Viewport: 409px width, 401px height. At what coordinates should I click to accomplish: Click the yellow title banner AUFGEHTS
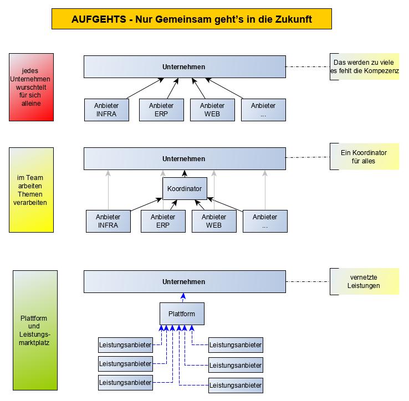191,19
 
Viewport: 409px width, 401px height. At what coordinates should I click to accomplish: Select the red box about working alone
31,87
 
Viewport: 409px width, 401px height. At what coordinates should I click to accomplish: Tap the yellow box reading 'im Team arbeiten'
32,190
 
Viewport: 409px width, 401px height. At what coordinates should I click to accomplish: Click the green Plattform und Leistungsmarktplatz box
35,331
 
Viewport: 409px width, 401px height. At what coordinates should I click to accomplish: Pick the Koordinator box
184,189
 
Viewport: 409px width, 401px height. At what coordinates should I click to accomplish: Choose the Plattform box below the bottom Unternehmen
181,314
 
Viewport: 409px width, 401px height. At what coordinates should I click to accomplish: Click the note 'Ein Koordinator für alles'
364,157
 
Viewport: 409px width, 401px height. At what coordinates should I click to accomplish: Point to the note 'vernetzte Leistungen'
364,281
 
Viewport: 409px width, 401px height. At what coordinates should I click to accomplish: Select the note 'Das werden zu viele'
364,66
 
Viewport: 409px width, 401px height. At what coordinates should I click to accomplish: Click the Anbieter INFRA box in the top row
107,110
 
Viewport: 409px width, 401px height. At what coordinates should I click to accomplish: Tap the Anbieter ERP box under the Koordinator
163,221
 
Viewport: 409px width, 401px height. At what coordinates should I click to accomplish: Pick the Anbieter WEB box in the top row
212,110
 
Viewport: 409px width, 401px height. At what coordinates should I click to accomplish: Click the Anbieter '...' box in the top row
263,110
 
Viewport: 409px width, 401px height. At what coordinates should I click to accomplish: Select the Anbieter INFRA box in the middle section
108,221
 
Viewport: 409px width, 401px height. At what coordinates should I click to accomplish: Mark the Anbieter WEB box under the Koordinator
214,221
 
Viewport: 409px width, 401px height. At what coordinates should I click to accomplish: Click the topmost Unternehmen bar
184,67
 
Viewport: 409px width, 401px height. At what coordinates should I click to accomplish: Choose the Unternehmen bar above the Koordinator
184,158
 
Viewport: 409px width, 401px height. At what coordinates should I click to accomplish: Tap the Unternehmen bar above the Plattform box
184,281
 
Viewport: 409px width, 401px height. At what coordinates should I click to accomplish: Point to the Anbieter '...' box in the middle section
265,221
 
